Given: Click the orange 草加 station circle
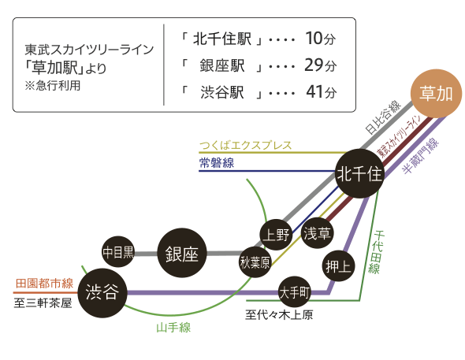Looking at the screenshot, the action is coord(436,94).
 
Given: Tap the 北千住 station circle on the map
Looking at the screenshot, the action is coord(359,173).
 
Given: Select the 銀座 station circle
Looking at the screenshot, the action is coord(182,253).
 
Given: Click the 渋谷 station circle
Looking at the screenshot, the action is coord(102,293).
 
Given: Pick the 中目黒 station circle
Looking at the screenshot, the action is coord(117,252).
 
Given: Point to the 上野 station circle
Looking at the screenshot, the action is coord(276,235).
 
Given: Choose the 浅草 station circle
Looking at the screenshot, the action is coord(317,232).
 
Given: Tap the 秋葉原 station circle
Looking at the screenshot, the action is coord(255,262).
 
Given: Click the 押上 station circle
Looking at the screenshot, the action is coord(338,266).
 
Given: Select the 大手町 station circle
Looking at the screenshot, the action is coord(294,292).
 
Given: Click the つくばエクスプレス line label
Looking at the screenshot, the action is coord(246,145).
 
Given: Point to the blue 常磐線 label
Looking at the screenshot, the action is coord(217,162).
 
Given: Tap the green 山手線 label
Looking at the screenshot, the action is coord(173,328).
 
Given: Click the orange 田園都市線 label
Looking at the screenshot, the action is coord(44,284).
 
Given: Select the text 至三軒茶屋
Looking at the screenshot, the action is coord(43,302).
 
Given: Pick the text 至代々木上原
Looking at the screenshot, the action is coord(279,314).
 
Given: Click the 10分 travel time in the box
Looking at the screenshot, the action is coord(321,39).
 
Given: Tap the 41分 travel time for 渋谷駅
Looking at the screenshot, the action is coord(322,92).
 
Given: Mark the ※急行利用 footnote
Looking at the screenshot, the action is coord(53,86).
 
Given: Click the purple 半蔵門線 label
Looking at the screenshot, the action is coord(421,155).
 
